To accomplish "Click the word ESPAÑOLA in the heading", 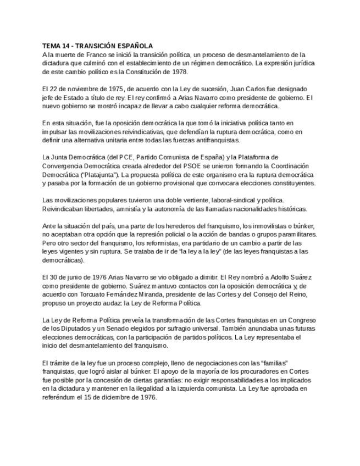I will pos(134,46).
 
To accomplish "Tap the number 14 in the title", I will pos(67,46).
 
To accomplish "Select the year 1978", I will pos(179,72).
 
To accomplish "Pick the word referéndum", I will pos(61,397).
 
